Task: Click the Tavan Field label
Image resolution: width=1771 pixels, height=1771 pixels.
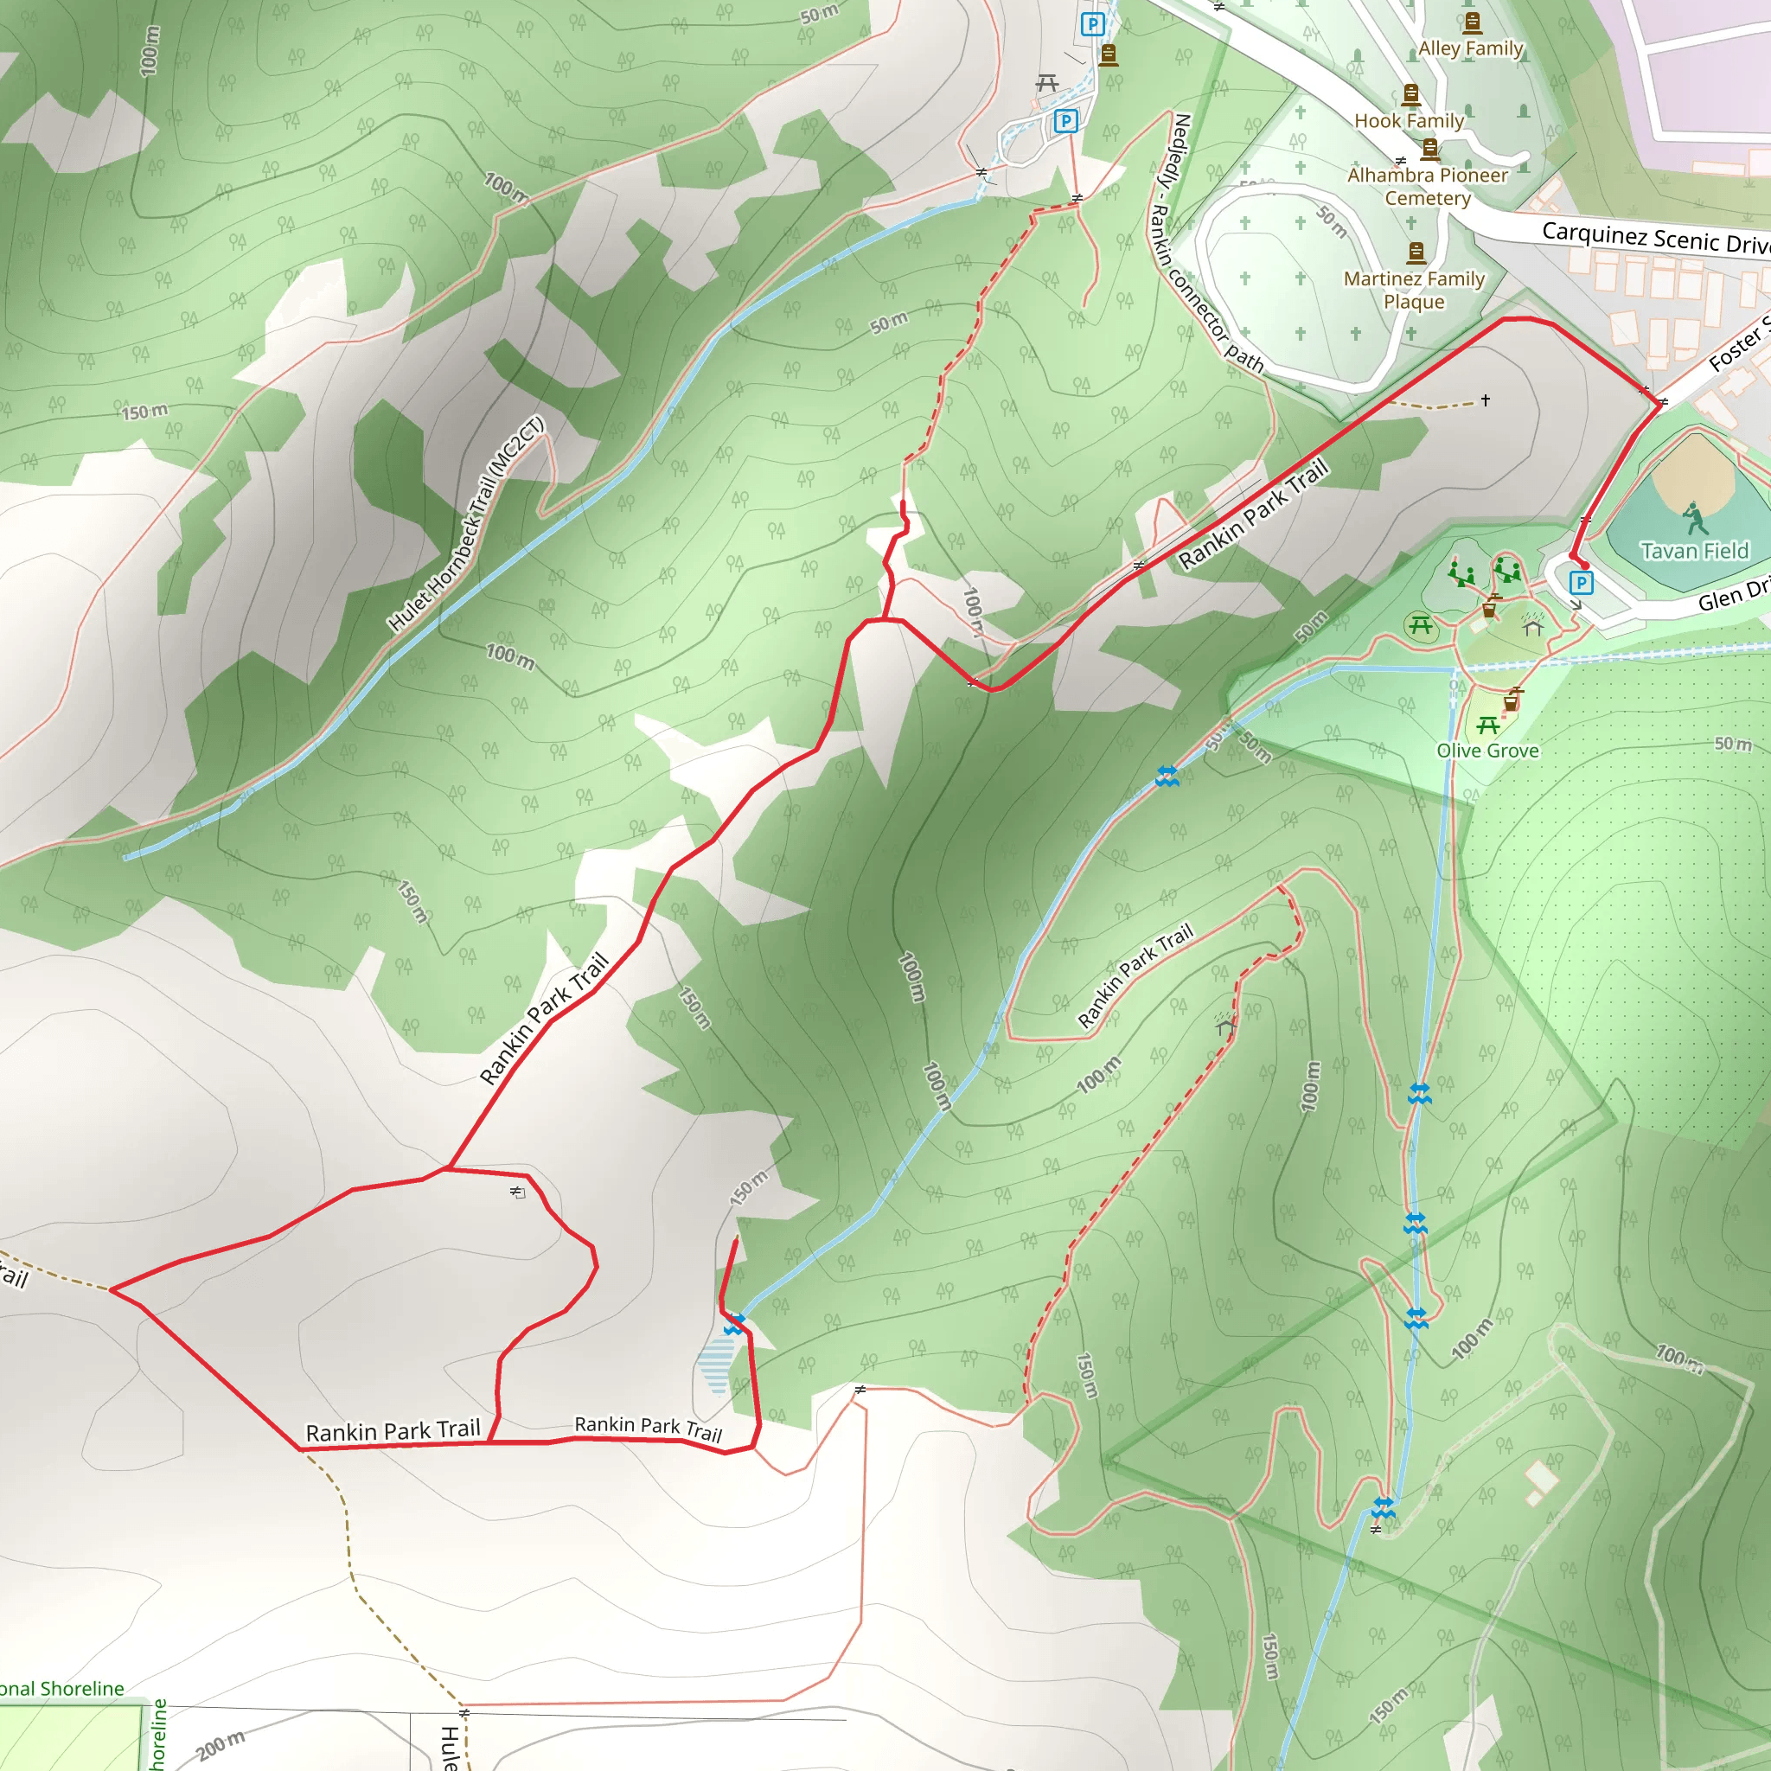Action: (1694, 551)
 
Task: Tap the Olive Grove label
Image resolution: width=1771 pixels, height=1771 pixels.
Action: (1487, 751)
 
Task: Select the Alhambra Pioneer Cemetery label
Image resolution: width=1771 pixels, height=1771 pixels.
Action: (1427, 186)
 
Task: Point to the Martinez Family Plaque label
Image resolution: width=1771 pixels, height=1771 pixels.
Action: (1414, 290)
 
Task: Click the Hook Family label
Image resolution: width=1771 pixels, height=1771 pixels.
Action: (1409, 121)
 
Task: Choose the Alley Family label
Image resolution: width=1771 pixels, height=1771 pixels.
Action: (1470, 48)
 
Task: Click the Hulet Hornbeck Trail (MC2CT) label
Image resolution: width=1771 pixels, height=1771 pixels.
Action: (467, 524)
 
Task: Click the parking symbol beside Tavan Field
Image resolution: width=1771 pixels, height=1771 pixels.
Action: (1582, 582)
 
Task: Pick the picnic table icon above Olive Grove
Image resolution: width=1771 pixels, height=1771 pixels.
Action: (1487, 726)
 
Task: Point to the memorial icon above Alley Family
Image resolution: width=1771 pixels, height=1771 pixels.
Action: (1472, 22)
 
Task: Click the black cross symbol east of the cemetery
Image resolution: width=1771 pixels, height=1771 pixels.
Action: (1485, 400)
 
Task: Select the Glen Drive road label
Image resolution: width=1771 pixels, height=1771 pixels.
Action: (1732, 596)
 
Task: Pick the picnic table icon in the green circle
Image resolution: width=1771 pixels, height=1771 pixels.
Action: (1421, 626)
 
